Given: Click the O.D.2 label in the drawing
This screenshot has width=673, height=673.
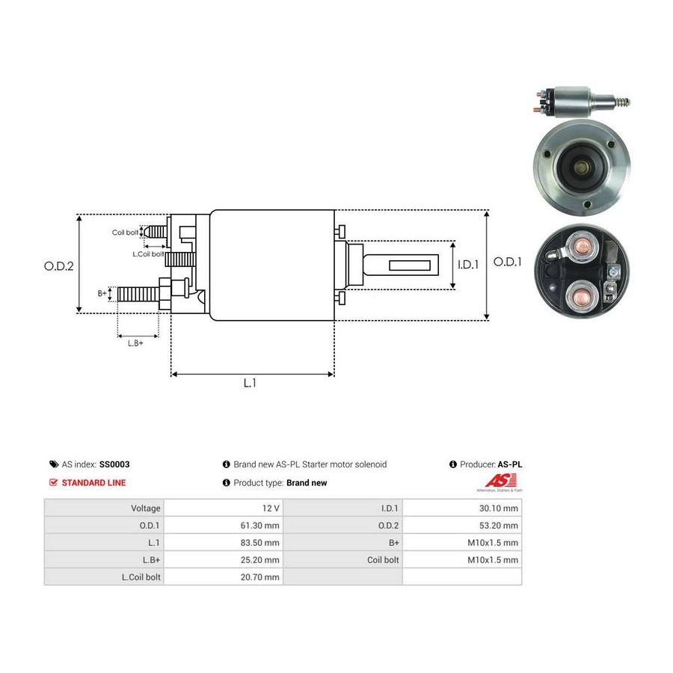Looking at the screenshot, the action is (x=59, y=266).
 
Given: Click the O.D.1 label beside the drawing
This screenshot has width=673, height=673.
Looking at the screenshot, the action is (x=507, y=262).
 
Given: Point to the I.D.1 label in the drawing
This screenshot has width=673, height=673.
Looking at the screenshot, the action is (x=468, y=265).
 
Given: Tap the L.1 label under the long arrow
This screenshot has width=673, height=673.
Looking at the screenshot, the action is (x=250, y=383).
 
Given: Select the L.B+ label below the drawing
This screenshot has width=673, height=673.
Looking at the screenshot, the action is (x=135, y=343).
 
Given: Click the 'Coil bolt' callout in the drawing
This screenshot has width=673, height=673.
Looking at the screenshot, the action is (x=126, y=233).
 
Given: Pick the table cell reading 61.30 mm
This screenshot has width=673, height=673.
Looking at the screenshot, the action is (x=224, y=526).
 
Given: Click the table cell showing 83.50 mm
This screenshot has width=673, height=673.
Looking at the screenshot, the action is (x=224, y=543).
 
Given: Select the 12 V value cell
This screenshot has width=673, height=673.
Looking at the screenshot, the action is (x=224, y=508).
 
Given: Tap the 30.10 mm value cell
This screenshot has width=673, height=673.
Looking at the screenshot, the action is (x=462, y=508).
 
